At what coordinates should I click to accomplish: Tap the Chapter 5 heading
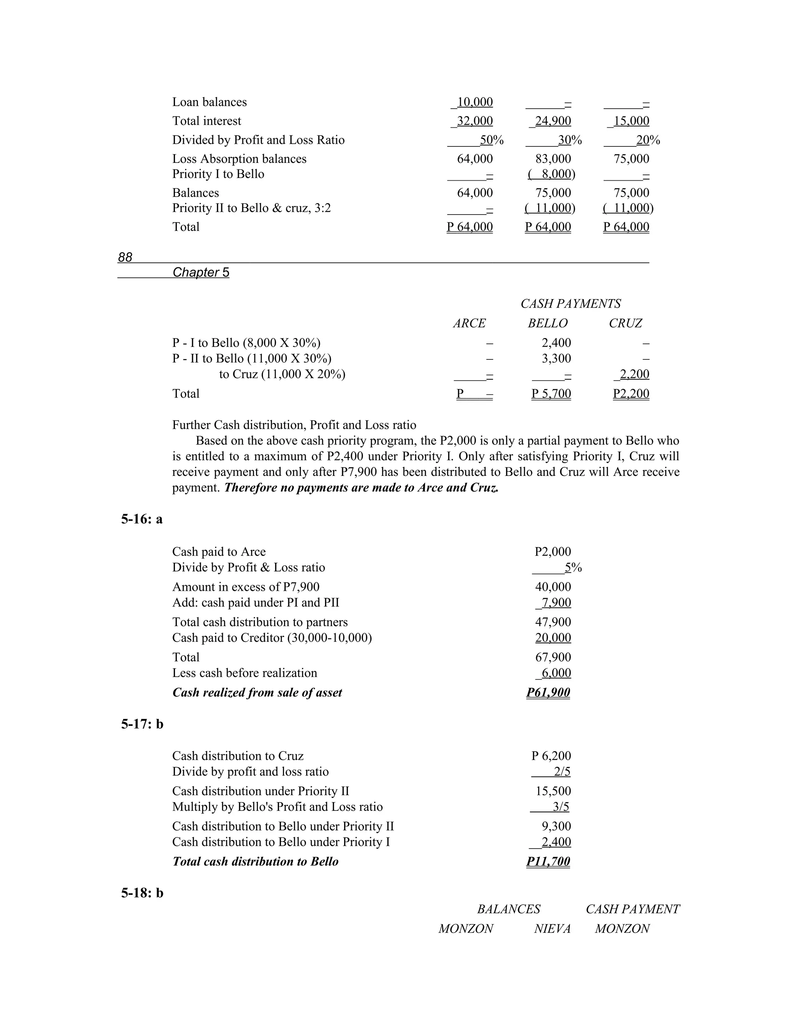tap(201, 272)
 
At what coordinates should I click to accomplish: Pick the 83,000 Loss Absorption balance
tap(553, 159)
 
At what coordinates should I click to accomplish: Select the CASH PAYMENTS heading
tap(570, 303)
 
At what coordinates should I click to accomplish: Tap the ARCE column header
tap(469, 323)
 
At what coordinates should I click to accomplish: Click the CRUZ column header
tap(625, 323)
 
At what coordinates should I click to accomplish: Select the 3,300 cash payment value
tap(556, 358)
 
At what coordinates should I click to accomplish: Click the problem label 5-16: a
tap(142, 519)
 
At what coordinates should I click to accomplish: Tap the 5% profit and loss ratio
tap(573, 567)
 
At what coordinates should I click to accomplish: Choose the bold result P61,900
tap(548, 692)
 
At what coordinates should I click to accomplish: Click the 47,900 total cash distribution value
tap(553, 622)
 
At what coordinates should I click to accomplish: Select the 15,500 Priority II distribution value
tap(553, 791)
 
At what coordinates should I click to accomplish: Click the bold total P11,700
tap(548, 861)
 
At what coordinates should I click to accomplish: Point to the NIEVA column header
tap(552, 928)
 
